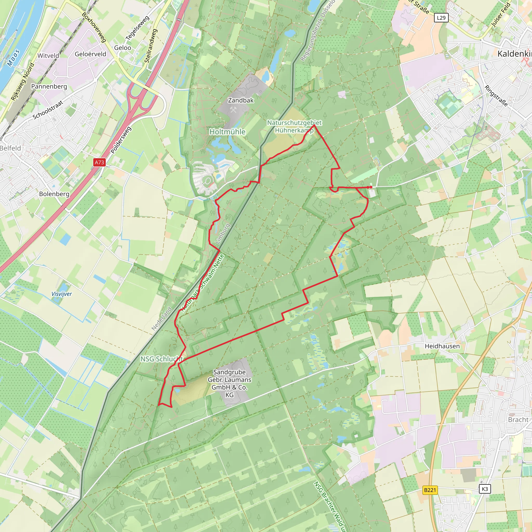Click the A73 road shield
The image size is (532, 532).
99,162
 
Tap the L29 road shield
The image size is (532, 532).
441,18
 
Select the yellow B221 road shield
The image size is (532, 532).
430,490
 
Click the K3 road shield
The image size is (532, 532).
485,489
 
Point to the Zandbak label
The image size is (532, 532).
241,100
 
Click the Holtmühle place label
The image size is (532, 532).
227,132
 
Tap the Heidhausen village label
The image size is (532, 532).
442,346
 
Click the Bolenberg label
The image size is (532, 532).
54,194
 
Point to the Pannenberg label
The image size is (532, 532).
49,87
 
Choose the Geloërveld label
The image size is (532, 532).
90,54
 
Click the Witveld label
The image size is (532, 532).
48,56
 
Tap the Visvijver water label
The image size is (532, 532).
62,294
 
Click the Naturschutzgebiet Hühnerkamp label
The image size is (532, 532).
294,127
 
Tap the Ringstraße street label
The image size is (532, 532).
496,96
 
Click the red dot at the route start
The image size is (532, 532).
371,187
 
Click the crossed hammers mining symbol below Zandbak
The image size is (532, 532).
233,110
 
